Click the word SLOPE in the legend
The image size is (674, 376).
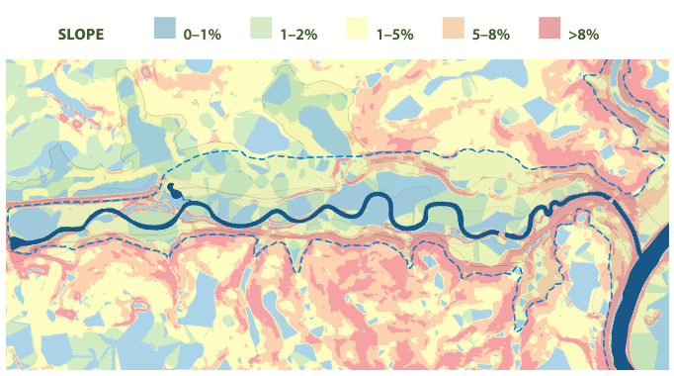(81, 35)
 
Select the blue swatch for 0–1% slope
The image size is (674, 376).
(165, 31)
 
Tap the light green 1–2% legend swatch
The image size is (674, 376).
(261, 31)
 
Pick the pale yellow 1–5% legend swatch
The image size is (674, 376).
(357, 31)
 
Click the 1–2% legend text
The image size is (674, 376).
(298, 35)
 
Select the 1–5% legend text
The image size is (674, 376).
(394, 35)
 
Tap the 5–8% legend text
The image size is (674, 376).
(491, 35)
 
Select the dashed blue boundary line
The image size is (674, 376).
(296, 155)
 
